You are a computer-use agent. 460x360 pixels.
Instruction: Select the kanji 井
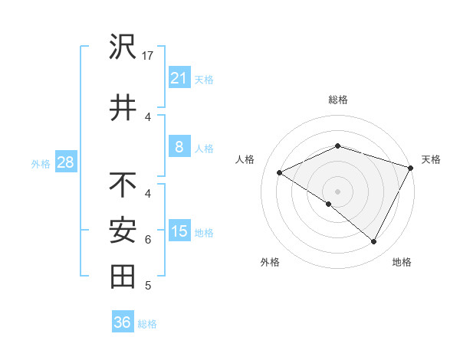[x=123, y=108]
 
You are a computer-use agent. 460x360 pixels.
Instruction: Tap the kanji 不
[x=123, y=185]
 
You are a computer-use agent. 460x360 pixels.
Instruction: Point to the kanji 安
[x=123, y=231]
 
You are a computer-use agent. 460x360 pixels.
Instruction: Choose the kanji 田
[x=123, y=277]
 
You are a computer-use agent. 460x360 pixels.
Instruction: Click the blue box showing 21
[x=179, y=78]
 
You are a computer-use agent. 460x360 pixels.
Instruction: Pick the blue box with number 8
[x=179, y=147]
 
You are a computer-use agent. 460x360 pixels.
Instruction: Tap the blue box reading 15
[x=179, y=231]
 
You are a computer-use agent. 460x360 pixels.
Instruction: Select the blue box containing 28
[x=65, y=163]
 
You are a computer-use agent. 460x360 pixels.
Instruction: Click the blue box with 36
[x=122, y=322]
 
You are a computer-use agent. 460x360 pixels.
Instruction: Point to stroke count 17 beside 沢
[x=149, y=56]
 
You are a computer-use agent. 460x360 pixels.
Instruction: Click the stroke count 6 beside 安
[x=148, y=240]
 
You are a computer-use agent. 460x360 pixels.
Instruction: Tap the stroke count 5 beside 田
[x=148, y=286]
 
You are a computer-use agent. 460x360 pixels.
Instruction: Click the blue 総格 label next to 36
[x=147, y=324]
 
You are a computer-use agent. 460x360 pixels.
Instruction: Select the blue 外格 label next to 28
[x=41, y=164]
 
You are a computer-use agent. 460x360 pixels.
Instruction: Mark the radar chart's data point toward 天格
[x=412, y=169]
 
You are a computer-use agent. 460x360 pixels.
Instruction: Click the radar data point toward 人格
[x=280, y=172]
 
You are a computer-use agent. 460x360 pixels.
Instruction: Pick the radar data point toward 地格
[x=374, y=242]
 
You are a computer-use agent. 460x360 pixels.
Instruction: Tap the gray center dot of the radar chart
[x=337, y=191]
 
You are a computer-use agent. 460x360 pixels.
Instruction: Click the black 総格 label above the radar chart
[x=337, y=100]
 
